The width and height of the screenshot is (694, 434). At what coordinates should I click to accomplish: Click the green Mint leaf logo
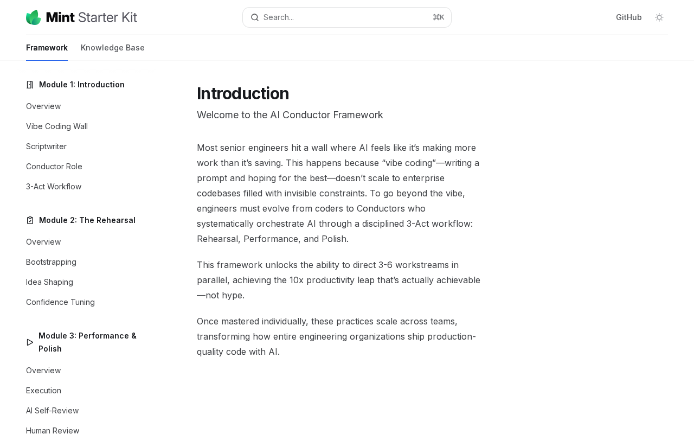[34, 17]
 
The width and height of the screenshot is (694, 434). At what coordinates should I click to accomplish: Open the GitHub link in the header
[628, 17]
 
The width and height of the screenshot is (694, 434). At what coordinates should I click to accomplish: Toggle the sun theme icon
[659, 17]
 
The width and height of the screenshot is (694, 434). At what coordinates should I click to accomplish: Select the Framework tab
[47, 48]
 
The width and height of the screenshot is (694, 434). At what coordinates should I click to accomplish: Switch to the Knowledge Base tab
[113, 48]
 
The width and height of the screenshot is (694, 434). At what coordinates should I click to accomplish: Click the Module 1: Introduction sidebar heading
[82, 85]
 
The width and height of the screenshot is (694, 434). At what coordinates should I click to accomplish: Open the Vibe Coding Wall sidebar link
[57, 126]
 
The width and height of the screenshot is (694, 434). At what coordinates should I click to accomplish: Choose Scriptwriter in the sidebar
[46, 146]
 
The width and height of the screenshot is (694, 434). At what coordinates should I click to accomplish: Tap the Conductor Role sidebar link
[54, 167]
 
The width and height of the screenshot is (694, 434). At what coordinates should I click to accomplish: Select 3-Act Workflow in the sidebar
[54, 187]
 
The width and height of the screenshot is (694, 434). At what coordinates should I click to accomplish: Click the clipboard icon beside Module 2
[30, 220]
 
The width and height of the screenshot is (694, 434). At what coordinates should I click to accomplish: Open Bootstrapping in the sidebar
[51, 262]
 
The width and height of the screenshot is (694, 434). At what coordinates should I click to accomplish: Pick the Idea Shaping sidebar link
[49, 282]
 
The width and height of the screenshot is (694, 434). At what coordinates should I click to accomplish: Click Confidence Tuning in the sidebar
[60, 302]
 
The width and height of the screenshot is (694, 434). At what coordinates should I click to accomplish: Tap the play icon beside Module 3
[30, 342]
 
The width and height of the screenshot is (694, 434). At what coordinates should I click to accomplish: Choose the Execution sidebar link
[43, 391]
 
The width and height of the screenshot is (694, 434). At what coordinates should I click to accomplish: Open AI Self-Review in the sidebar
[52, 411]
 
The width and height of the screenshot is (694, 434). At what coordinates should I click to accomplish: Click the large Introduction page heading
[243, 93]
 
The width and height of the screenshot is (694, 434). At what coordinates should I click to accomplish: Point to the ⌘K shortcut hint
[439, 17]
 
